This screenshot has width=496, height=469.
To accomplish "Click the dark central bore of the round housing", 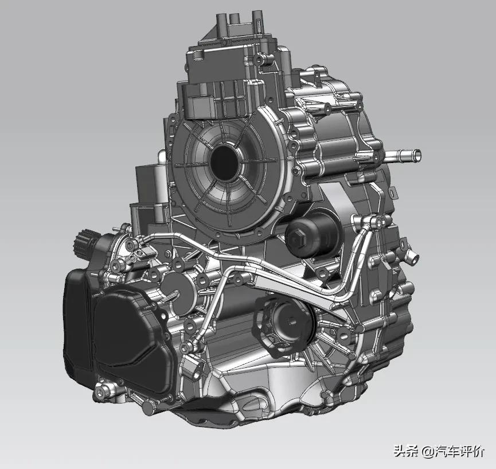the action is [x=224, y=162].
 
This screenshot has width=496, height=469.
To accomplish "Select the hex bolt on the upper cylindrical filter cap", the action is [x=298, y=236].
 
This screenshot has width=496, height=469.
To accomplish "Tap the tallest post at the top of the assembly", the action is [x=257, y=23].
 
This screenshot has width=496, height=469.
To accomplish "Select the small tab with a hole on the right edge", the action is [x=392, y=192].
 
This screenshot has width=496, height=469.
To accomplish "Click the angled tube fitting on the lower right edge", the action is [x=412, y=256].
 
